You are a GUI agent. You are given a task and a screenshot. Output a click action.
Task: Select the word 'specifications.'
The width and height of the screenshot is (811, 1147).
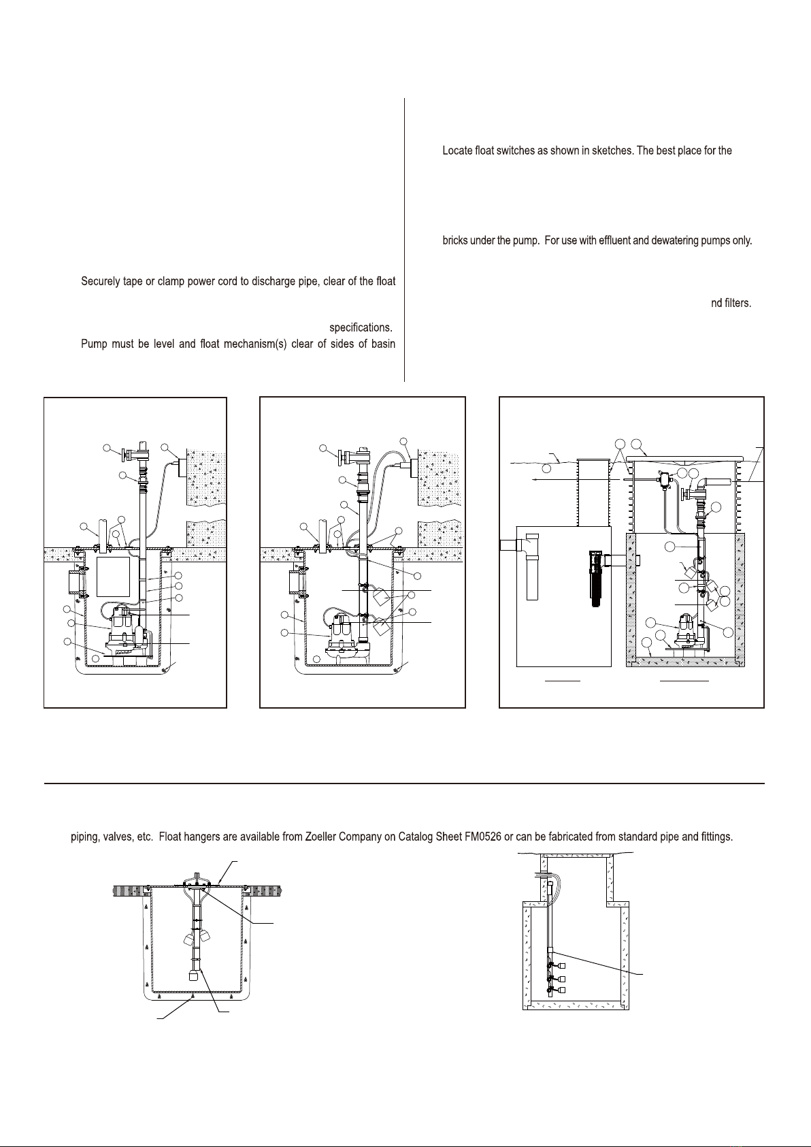[x=361, y=327]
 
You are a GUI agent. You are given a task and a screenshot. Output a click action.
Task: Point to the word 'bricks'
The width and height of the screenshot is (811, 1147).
[x=455, y=240]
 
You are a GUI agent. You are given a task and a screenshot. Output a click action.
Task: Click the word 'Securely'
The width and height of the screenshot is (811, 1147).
[x=100, y=282]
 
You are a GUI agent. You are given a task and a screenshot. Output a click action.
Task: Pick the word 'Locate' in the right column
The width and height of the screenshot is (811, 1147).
[x=457, y=150]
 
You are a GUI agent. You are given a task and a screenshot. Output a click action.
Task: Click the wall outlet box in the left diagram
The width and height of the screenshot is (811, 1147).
[x=182, y=468]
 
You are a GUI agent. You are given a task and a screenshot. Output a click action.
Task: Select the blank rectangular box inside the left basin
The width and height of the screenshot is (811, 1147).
[x=113, y=577]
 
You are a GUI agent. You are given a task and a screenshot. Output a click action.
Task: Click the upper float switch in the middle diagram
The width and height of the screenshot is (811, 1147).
[x=382, y=596]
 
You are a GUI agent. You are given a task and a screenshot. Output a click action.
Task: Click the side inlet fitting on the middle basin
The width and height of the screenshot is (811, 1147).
[x=297, y=583]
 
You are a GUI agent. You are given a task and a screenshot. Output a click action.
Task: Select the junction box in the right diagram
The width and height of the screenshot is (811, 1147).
[x=664, y=480]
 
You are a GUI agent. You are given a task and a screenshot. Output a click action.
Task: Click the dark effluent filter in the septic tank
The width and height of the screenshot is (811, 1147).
[x=595, y=579]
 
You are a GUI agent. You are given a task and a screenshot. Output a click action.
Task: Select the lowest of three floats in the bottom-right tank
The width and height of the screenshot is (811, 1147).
[x=562, y=990]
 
